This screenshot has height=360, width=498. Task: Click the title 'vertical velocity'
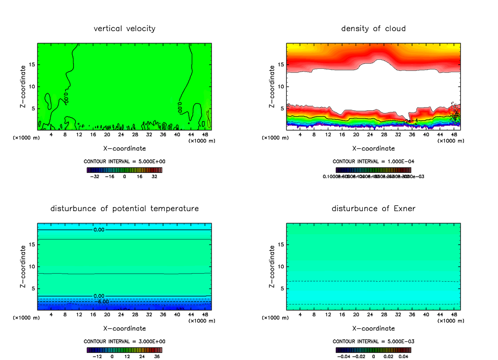coord(124,29)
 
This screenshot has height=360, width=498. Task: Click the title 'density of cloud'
coord(373,29)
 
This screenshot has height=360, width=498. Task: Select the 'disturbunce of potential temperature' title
coord(124,208)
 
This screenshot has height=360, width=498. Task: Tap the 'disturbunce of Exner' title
coord(373,208)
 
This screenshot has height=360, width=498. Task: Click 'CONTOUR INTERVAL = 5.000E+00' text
coord(124,161)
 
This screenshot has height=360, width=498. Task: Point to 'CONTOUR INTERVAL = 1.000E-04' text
coord(373,161)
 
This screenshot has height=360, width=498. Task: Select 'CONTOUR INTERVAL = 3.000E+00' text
coord(124,341)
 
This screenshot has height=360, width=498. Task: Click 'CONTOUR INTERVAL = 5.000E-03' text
coord(373,341)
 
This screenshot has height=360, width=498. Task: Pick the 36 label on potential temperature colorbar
coord(157,356)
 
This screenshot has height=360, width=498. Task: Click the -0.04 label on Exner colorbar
coord(343,356)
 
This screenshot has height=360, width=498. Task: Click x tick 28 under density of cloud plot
coord(384,134)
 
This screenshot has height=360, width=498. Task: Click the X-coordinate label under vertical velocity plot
coord(124,148)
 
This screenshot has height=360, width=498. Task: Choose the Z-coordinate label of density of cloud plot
coord(272,87)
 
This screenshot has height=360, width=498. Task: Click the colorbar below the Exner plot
coord(373,350)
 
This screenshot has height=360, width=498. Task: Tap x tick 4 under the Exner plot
coord(300,314)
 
